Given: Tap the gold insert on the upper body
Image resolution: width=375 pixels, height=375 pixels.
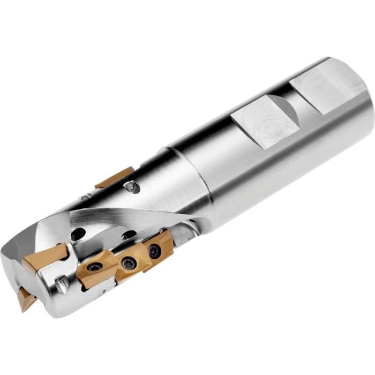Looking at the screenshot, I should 114,177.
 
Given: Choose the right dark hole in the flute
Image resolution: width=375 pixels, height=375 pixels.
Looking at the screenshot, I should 129,236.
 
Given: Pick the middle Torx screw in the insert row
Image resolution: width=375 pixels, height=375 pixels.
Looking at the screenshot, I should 129,261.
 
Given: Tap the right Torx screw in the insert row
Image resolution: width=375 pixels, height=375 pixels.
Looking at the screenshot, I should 154,250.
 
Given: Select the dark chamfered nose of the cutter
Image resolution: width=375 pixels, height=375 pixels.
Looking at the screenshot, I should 21,252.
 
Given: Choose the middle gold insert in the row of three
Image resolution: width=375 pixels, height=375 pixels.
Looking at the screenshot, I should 126,262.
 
